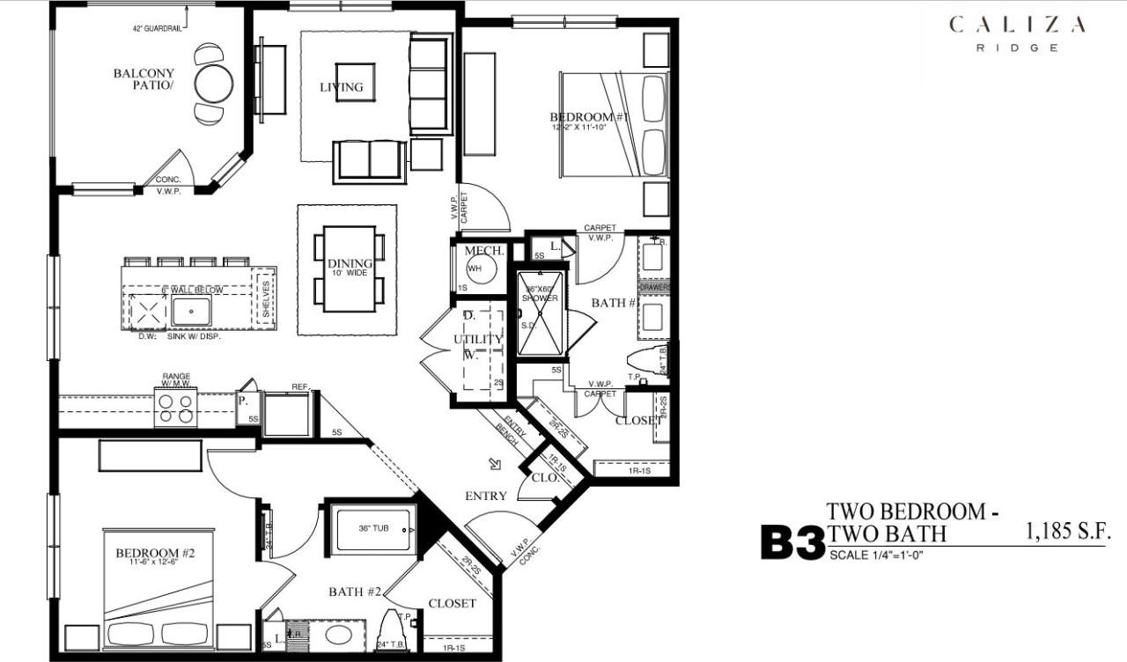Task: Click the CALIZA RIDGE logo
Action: pyautogui.click(x=1017, y=33)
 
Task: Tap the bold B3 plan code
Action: pyautogui.click(x=792, y=543)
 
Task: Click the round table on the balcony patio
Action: pyautogui.click(x=214, y=85)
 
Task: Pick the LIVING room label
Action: pyautogui.click(x=341, y=86)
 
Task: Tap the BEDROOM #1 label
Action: pyautogui.click(x=580, y=117)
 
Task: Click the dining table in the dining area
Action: pyautogui.click(x=349, y=268)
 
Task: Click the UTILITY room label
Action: pyautogui.click(x=478, y=339)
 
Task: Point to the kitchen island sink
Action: pyautogui.click(x=191, y=311)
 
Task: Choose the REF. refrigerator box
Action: pyautogui.click(x=287, y=415)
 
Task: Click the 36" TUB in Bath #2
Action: pyautogui.click(x=373, y=529)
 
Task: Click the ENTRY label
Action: pyautogui.click(x=486, y=496)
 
